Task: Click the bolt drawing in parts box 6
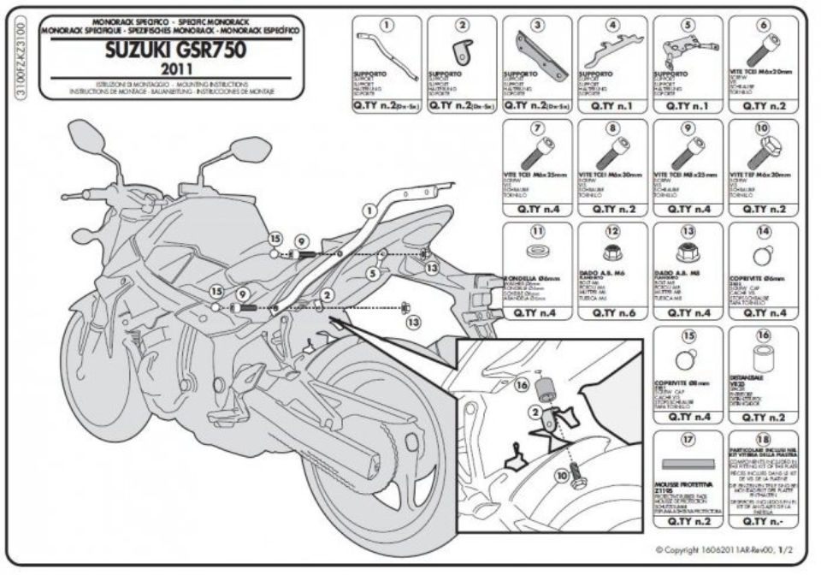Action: coord(765,47)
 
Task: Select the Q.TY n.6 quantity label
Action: coord(612,314)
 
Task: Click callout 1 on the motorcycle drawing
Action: coord(369,210)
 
